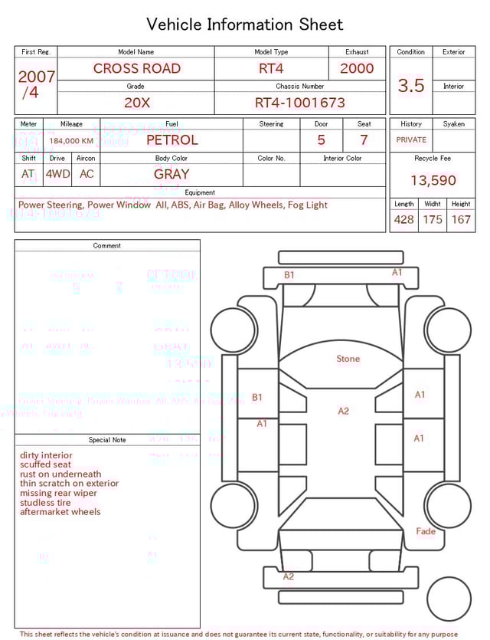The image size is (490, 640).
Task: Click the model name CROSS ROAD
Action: pyautogui.click(x=136, y=68)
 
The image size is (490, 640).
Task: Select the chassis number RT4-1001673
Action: pyautogui.click(x=299, y=103)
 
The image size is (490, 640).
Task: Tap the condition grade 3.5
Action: pyautogui.click(x=411, y=86)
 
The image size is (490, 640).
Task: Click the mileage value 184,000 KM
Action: pyautogui.click(x=71, y=141)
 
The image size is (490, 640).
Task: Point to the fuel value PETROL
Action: pyautogui.click(x=171, y=140)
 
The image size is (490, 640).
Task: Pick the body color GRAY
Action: pyautogui.click(x=171, y=174)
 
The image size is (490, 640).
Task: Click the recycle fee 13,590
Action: pyautogui.click(x=433, y=181)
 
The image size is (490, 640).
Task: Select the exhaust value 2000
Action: pyautogui.click(x=357, y=68)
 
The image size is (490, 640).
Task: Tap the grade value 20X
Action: pyautogui.click(x=137, y=103)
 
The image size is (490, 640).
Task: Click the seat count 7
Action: pyautogui.click(x=364, y=140)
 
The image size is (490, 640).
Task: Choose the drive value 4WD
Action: pyautogui.click(x=57, y=174)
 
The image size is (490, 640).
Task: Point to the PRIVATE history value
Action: pyautogui.click(x=411, y=140)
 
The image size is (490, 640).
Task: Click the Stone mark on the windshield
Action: pyautogui.click(x=348, y=359)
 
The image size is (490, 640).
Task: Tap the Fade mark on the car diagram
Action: pyautogui.click(x=426, y=531)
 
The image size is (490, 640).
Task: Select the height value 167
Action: pyautogui.click(x=461, y=220)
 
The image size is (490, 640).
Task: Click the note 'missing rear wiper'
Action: pyautogui.click(x=60, y=493)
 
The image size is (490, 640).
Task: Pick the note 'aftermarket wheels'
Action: pyautogui.click(x=60, y=512)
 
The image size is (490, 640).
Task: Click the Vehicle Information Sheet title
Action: pyautogui.click(x=245, y=25)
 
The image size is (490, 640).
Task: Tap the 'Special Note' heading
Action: pyautogui.click(x=107, y=440)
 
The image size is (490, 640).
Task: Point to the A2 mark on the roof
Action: pyautogui.click(x=344, y=412)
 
